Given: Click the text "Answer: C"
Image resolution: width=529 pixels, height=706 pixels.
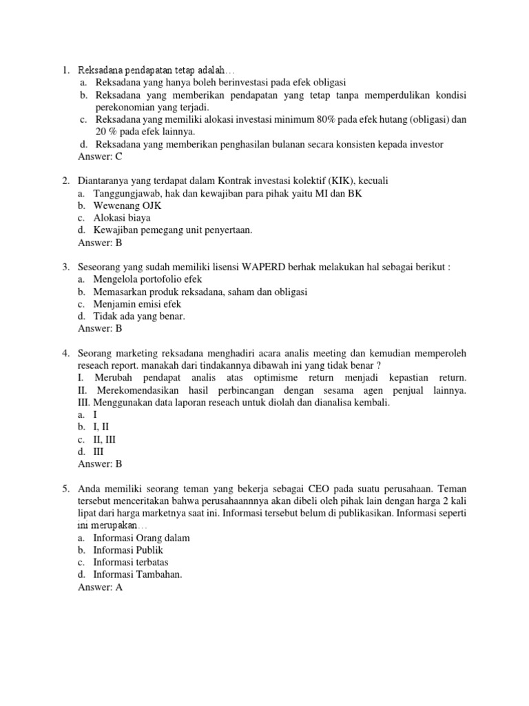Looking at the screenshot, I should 101,157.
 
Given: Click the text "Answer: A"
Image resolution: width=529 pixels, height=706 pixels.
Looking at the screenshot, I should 101,587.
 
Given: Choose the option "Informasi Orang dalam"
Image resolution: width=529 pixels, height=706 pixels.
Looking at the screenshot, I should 142,538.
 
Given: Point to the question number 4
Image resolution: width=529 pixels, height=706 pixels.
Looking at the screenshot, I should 65,353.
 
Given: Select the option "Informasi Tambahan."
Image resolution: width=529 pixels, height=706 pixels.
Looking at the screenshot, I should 138,575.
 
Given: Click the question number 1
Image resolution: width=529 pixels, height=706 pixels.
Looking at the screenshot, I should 65,70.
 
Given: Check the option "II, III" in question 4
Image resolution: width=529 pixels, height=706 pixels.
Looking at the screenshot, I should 107,439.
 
